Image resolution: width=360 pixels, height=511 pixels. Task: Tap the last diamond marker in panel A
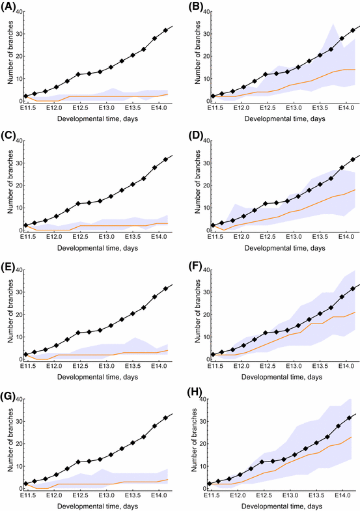[x=165, y=30]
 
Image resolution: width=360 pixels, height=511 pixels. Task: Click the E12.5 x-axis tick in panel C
[x=81, y=237]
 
